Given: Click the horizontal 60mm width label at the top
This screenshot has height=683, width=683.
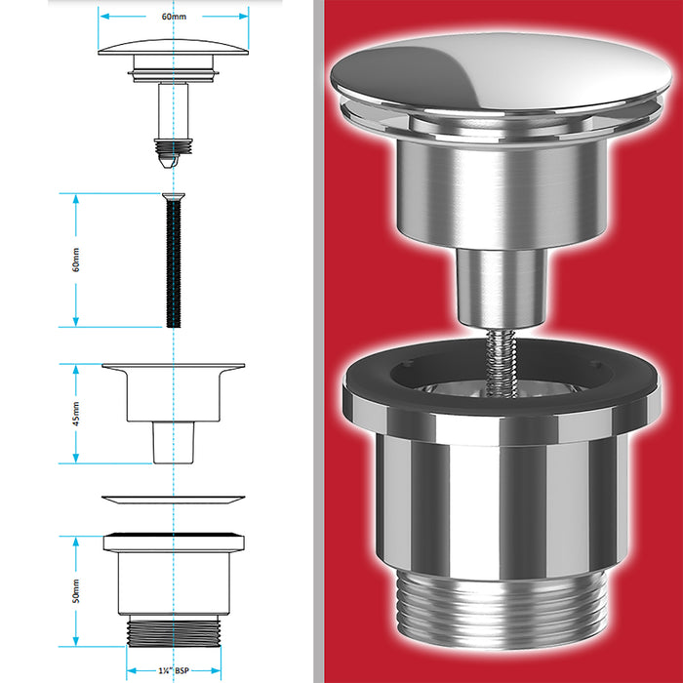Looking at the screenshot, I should click(173, 17).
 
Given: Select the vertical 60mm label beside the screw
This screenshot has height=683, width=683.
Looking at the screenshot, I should click(76, 261).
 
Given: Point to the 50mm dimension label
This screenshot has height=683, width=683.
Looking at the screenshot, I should click(76, 590).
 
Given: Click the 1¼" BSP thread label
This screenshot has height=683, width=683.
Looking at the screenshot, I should click(173, 671).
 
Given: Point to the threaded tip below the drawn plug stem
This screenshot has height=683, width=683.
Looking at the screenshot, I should click(172, 146).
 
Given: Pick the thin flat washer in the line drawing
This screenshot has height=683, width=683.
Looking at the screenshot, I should click(173, 500).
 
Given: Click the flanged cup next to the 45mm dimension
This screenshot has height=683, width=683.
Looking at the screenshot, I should click(173, 395).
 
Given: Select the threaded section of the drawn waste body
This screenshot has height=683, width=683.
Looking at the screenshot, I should click(173, 629).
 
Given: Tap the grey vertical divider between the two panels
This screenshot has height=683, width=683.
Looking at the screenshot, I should click(318, 341).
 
